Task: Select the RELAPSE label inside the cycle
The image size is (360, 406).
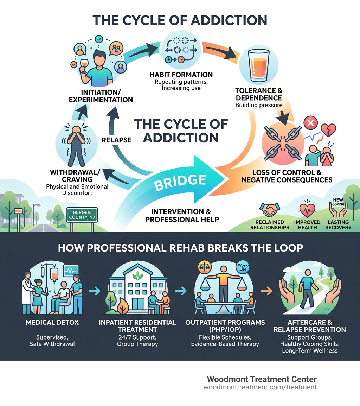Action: click(x=116, y=140)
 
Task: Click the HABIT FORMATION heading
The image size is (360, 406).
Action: click(x=181, y=75)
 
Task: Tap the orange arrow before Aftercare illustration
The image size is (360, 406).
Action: click(x=267, y=290)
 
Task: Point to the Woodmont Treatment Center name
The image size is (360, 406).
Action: click(x=262, y=379)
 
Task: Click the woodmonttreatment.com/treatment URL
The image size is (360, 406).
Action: click(x=260, y=387)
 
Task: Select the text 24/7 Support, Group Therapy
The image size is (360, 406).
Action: click(x=137, y=340)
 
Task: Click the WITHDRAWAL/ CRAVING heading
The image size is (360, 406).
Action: click(x=75, y=176)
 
